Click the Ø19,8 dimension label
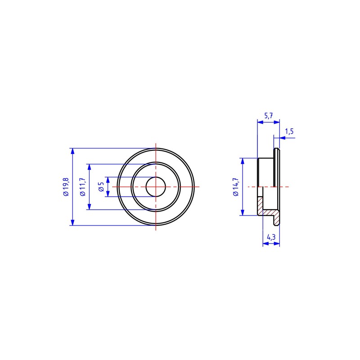tap(66, 187)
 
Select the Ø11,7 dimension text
tap(83, 187)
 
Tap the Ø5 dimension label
tap(101, 187)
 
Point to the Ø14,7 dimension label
tap(236, 187)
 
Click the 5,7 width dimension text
tap(268, 116)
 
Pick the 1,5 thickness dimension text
tap(289, 131)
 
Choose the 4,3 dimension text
tap(271, 237)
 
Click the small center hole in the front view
tap(156, 187)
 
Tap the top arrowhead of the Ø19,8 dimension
tap(73, 152)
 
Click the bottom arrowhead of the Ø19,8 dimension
tap(73, 222)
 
